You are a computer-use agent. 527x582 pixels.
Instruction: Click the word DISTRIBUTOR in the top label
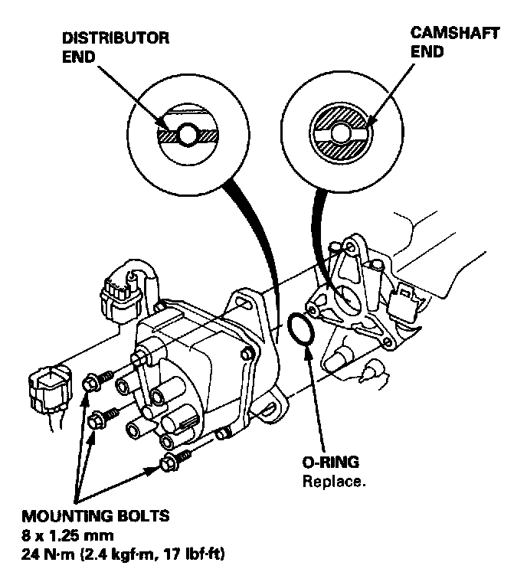click(116, 38)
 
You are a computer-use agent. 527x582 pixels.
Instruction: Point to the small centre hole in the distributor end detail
click(189, 135)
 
